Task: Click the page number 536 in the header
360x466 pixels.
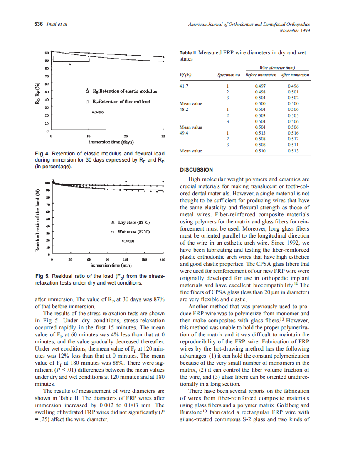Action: point(38,24)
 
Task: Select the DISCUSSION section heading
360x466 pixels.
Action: point(196,169)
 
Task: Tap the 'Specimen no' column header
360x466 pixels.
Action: point(229,75)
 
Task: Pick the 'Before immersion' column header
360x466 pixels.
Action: point(261,75)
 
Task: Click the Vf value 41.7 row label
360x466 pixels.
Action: point(184,86)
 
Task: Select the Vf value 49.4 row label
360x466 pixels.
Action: point(184,133)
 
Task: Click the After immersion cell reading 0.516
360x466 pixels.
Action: point(293,133)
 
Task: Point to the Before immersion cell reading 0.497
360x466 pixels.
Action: point(260,86)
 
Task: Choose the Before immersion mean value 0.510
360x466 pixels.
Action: point(260,151)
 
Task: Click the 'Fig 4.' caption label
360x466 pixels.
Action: point(42,153)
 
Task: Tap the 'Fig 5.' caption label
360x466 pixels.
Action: point(42,276)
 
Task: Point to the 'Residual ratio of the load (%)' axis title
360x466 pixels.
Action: point(37,221)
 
